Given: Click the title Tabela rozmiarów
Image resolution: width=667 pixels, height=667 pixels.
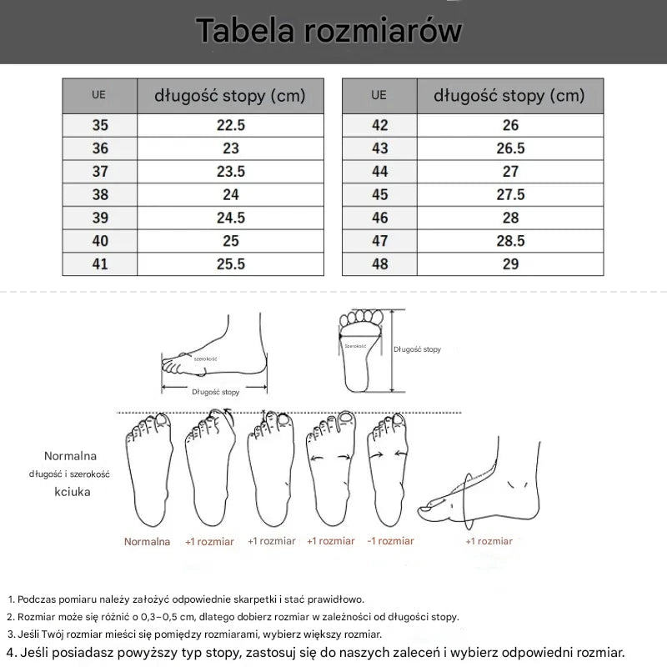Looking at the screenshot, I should [x=329, y=31].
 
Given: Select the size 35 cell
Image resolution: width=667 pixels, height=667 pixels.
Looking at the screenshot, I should [x=100, y=126].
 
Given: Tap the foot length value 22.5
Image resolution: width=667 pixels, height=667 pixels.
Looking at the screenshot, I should [x=231, y=126].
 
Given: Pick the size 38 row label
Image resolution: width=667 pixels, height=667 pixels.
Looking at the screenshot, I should [x=100, y=194].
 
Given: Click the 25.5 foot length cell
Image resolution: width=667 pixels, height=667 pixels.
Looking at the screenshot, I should [x=231, y=263].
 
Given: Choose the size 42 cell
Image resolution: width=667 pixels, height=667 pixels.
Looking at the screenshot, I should [x=379, y=126].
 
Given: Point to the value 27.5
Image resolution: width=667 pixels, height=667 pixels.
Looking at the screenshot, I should [x=510, y=194].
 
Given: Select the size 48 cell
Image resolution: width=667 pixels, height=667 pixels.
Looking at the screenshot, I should [x=379, y=263].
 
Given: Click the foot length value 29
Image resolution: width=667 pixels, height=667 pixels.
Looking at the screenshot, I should [x=510, y=263].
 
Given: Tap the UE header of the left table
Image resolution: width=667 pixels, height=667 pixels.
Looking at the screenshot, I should [x=99, y=95].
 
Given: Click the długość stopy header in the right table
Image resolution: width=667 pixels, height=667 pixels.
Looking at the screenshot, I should [x=509, y=95].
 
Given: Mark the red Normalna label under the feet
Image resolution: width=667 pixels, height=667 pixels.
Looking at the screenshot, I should [x=147, y=542].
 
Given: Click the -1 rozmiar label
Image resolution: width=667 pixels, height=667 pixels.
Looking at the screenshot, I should [x=390, y=541].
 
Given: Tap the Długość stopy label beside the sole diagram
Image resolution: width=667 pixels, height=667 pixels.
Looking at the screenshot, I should [x=417, y=349].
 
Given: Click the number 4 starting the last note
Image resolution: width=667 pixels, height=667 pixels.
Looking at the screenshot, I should [x=9, y=651].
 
